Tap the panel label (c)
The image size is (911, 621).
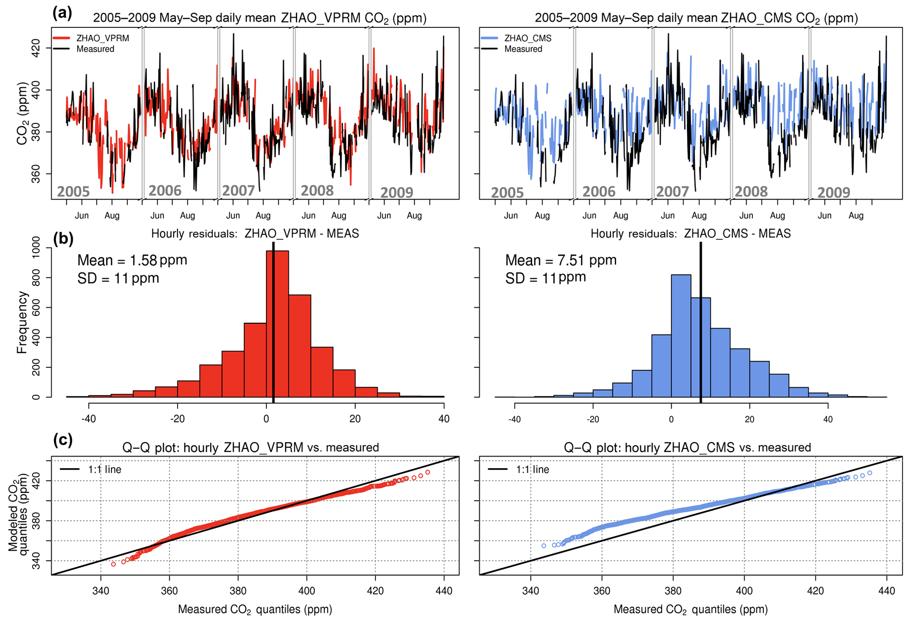coord(63,440)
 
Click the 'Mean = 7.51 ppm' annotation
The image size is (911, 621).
coord(561,260)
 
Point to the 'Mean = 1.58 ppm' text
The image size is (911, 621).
coord(132,260)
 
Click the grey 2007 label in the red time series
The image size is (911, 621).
coord(238,191)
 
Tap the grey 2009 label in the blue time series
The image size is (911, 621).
coord(833,192)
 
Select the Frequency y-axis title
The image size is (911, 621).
coord(22,322)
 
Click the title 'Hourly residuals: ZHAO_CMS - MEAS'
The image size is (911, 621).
coord(690,234)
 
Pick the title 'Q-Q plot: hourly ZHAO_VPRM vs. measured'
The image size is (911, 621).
coord(250,447)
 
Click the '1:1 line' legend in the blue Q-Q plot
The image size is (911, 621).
coord(532,469)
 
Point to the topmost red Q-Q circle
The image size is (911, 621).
coord(428,473)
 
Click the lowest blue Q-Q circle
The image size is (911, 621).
coord(543,546)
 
